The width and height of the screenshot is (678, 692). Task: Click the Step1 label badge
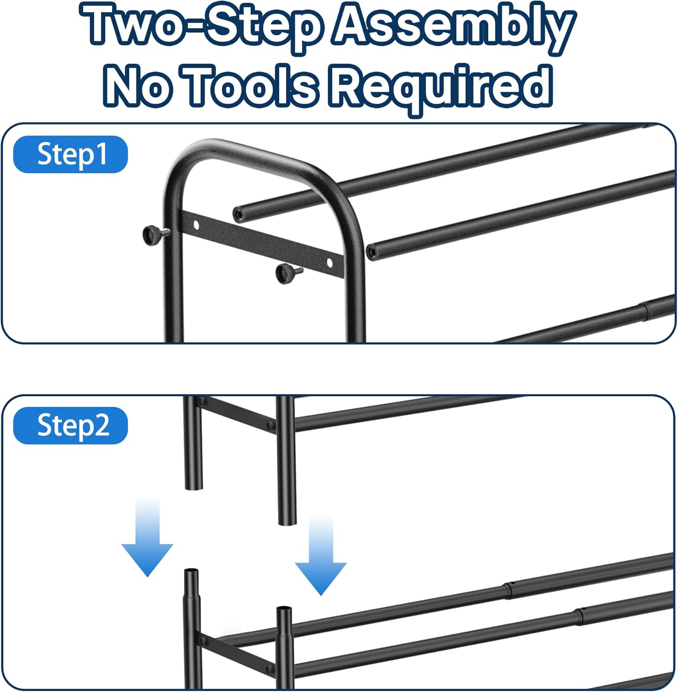[x=71, y=155]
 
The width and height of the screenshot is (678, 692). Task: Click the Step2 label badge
[x=71, y=425]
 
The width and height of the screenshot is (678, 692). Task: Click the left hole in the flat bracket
[x=196, y=225]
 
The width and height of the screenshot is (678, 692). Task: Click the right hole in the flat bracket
[x=329, y=262]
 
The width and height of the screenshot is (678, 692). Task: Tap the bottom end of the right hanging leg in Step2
[x=287, y=521]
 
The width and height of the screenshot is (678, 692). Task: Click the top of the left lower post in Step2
[x=192, y=573]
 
